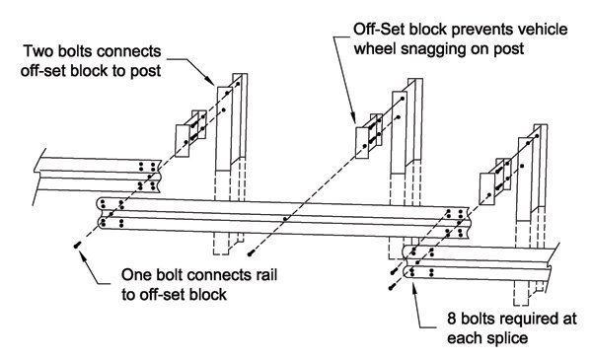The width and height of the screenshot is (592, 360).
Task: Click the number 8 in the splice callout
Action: pyautogui.click(x=452, y=319)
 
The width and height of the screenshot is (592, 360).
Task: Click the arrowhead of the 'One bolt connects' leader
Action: pyautogui.click(x=82, y=253)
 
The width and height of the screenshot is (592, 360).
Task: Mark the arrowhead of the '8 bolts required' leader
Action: pyautogui.click(x=413, y=288)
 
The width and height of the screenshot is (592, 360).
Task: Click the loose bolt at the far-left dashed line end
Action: pyautogui.click(x=77, y=246)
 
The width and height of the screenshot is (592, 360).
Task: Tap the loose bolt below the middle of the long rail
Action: pyautogui.click(x=250, y=253)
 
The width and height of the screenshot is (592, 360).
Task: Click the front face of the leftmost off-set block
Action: pyautogui.click(x=182, y=141)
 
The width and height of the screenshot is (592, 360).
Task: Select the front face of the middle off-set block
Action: pyautogui.click(x=362, y=143)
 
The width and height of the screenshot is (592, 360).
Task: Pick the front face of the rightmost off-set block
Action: pyautogui.click(x=487, y=188)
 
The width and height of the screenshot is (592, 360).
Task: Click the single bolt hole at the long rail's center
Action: pyautogui.click(x=285, y=219)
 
